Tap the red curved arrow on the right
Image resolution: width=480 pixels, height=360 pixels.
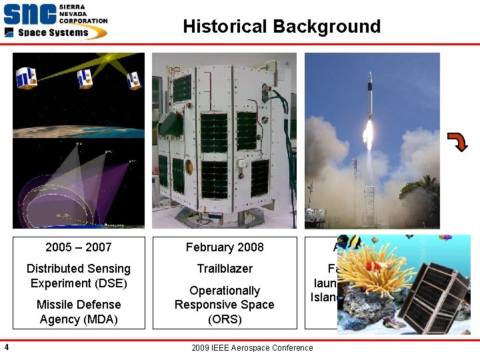(x=457, y=141)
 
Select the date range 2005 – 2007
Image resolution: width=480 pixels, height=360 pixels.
(x=79, y=247)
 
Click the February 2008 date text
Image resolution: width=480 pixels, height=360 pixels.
(x=225, y=247)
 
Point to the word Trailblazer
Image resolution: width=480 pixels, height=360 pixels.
(x=225, y=269)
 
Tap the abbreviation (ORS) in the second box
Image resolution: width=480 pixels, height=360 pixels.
(x=225, y=319)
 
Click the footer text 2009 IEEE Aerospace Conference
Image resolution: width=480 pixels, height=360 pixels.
(x=251, y=347)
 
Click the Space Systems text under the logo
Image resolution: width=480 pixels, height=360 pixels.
(x=53, y=32)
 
